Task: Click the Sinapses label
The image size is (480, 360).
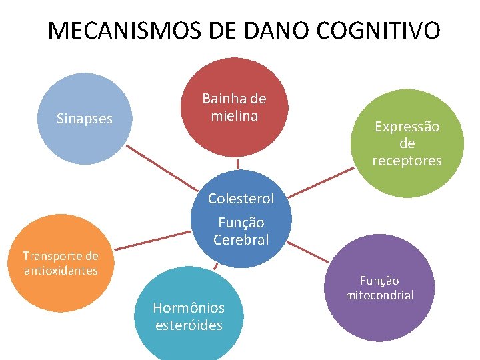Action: [85, 119]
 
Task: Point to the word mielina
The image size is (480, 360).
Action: [234, 115]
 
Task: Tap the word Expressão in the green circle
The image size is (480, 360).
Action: [407, 126]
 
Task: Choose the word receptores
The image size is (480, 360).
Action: [407, 161]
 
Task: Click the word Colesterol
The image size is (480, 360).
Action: [241, 198]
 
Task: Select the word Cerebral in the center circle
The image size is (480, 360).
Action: [241, 239]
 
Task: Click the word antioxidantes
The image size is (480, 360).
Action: [60, 270]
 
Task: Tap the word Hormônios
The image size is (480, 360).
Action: [189, 307]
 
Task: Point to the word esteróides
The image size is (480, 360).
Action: [189, 325]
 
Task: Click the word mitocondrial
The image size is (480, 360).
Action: [379, 295]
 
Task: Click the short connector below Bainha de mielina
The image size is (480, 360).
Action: [237, 163]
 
